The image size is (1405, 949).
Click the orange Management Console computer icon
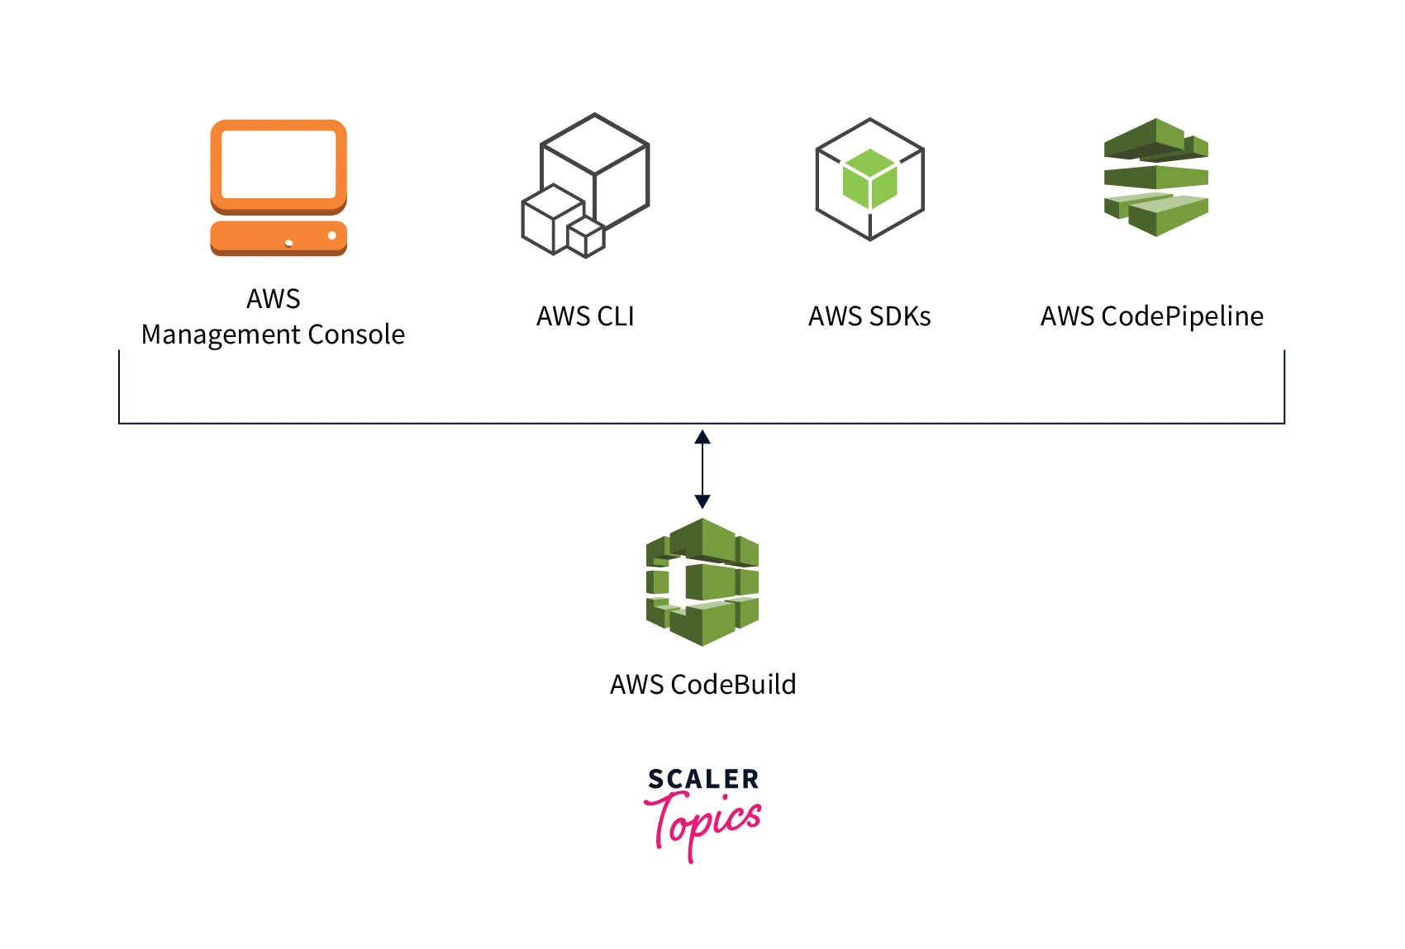279,187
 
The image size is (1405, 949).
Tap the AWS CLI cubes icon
585,186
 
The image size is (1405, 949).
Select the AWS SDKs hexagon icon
869,179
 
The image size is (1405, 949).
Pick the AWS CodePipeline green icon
1156,177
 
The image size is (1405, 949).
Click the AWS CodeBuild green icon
702,581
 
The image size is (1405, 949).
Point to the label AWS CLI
585,316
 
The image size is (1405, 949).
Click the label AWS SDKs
869,316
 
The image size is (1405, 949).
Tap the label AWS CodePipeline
1152,316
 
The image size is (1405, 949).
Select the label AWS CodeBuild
702,685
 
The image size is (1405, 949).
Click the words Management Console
273,335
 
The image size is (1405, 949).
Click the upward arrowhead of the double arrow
702,437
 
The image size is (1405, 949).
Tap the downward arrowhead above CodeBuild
702,501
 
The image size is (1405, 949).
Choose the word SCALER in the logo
702,779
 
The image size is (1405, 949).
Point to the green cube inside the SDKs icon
869,178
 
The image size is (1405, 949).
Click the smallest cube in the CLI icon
586,238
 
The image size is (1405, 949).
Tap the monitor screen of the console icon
279,164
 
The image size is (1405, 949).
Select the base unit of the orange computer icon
279,238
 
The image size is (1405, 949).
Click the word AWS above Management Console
273,299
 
